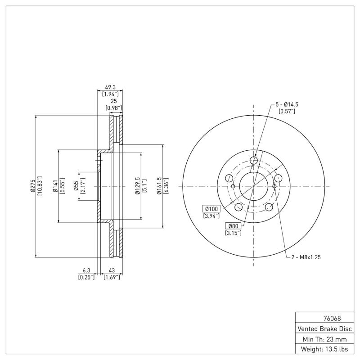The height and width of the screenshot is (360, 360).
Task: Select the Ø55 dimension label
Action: pyautogui.click(x=76, y=186)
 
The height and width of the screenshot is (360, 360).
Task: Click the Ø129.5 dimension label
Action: pyautogui.click(x=137, y=186)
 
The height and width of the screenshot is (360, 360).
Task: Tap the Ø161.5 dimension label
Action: pyautogui.click(x=159, y=186)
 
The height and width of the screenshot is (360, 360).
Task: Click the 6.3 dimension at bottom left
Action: pyautogui.click(x=86, y=271)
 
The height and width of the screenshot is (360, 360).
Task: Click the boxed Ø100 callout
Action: pyautogui.click(x=211, y=209)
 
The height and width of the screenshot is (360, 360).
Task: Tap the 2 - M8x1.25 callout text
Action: pyautogui.click(x=306, y=257)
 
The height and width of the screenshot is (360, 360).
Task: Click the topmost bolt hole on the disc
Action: pyautogui.click(x=254, y=161)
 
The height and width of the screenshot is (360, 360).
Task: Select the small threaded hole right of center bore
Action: pyautogui.click(x=274, y=186)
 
